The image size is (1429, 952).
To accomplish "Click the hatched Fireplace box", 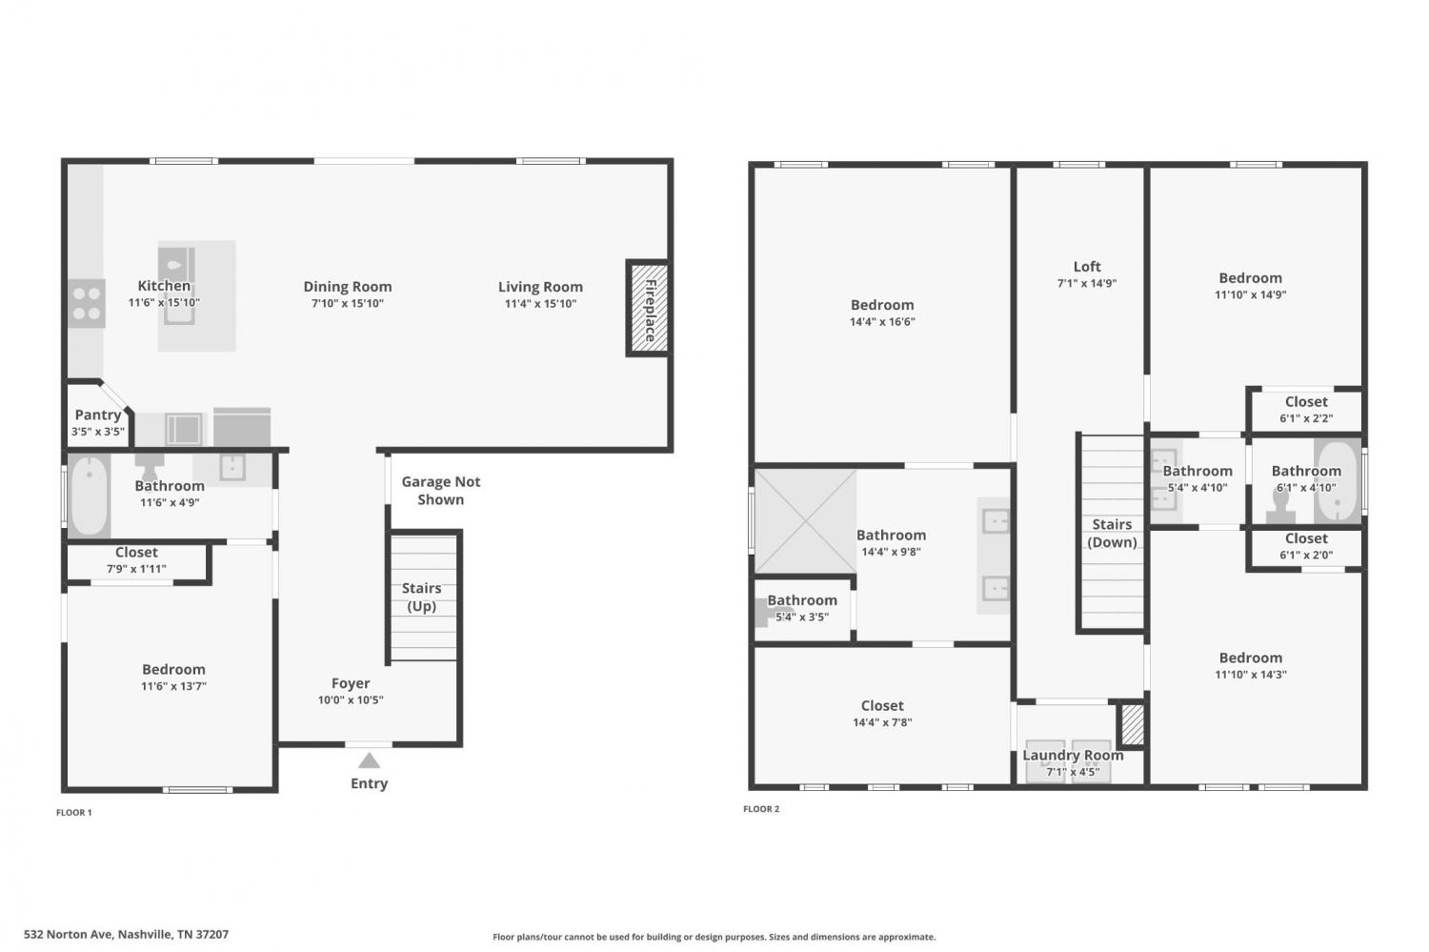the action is pyautogui.click(x=649, y=308).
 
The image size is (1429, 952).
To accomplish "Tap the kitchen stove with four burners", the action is pyautogui.click(x=86, y=303).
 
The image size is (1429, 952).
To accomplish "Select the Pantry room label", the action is pyautogui.click(x=97, y=415).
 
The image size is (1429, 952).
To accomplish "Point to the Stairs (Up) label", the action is pyautogui.click(x=422, y=597).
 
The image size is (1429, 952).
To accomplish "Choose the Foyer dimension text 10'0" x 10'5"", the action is pyautogui.click(x=351, y=699).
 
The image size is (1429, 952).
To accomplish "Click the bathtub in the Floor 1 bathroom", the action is pyautogui.click(x=90, y=495).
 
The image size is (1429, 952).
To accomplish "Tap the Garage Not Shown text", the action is pyautogui.click(x=441, y=490).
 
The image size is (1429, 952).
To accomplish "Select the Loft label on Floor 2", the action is pyautogui.click(x=1087, y=266).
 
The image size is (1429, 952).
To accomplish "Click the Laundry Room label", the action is pyautogui.click(x=1073, y=755).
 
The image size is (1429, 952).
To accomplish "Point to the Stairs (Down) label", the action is pyautogui.click(x=1112, y=533).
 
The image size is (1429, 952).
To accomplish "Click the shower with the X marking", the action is pyautogui.click(x=806, y=521).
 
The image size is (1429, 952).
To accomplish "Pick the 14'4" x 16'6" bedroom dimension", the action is pyautogui.click(x=882, y=321).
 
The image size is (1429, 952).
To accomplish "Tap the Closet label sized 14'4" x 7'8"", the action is pyautogui.click(x=882, y=705).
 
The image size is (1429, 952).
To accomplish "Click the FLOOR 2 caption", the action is pyautogui.click(x=761, y=808).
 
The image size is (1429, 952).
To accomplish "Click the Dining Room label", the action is pyautogui.click(x=348, y=287).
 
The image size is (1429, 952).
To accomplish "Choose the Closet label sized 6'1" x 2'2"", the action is pyautogui.click(x=1306, y=401).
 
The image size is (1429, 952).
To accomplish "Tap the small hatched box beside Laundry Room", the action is pyautogui.click(x=1133, y=723).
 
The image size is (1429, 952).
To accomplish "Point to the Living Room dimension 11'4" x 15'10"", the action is pyautogui.click(x=541, y=304).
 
